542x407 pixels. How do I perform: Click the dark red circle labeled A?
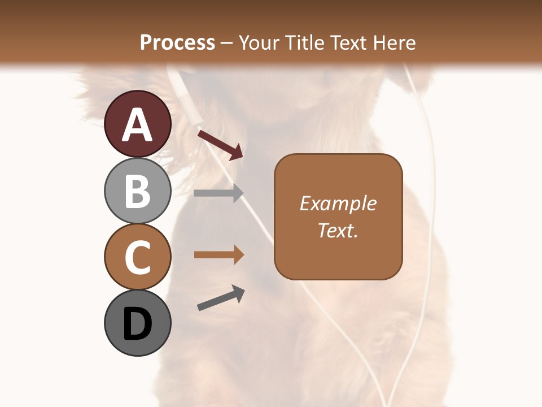point(138,124)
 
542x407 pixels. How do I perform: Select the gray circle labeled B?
point(138,190)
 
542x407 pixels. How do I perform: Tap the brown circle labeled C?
point(138,257)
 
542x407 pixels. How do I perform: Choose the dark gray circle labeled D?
point(138,323)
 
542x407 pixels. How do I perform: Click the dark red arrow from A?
point(220,144)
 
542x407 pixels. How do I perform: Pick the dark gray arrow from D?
point(221,298)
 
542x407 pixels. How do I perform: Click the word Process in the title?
point(177,42)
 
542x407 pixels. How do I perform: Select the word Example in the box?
point(338,203)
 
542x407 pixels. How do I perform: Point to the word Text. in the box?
point(338,230)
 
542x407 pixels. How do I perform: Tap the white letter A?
point(138,125)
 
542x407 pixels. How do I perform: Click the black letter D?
point(138,324)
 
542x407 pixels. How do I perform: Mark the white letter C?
point(138,258)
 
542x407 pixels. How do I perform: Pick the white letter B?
point(138,191)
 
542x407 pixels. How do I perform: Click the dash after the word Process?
point(226,43)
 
